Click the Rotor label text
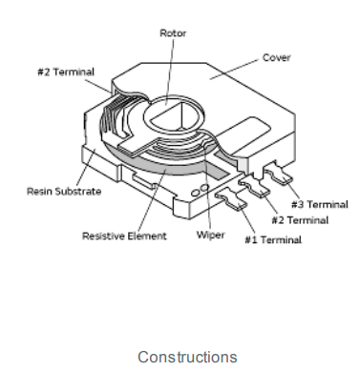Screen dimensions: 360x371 (x=173, y=33)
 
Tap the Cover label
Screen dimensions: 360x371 (x=277, y=58)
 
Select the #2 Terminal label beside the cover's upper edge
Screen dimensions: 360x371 (x=66, y=72)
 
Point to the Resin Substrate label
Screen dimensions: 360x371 (x=64, y=192)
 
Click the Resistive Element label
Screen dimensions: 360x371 (x=124, y=236)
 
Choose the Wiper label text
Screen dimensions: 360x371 (x=211, y=235)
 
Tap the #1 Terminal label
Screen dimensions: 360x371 (x=273, y=239)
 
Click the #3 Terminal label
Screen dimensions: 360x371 (x=320, y=204)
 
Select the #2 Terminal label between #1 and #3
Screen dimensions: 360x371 (x=300, y=220)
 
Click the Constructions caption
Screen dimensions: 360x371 (x=187, y=357)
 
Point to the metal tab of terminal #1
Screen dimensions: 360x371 (x=231, y=199)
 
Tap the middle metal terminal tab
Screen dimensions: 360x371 (x=255, y=186)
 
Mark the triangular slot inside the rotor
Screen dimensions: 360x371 (x=172, y=117)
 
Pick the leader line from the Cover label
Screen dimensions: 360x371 (x=234, y=70)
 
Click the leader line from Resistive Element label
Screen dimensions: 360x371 (x=152, y=200)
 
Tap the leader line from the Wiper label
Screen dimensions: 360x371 (x=207, y=188)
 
